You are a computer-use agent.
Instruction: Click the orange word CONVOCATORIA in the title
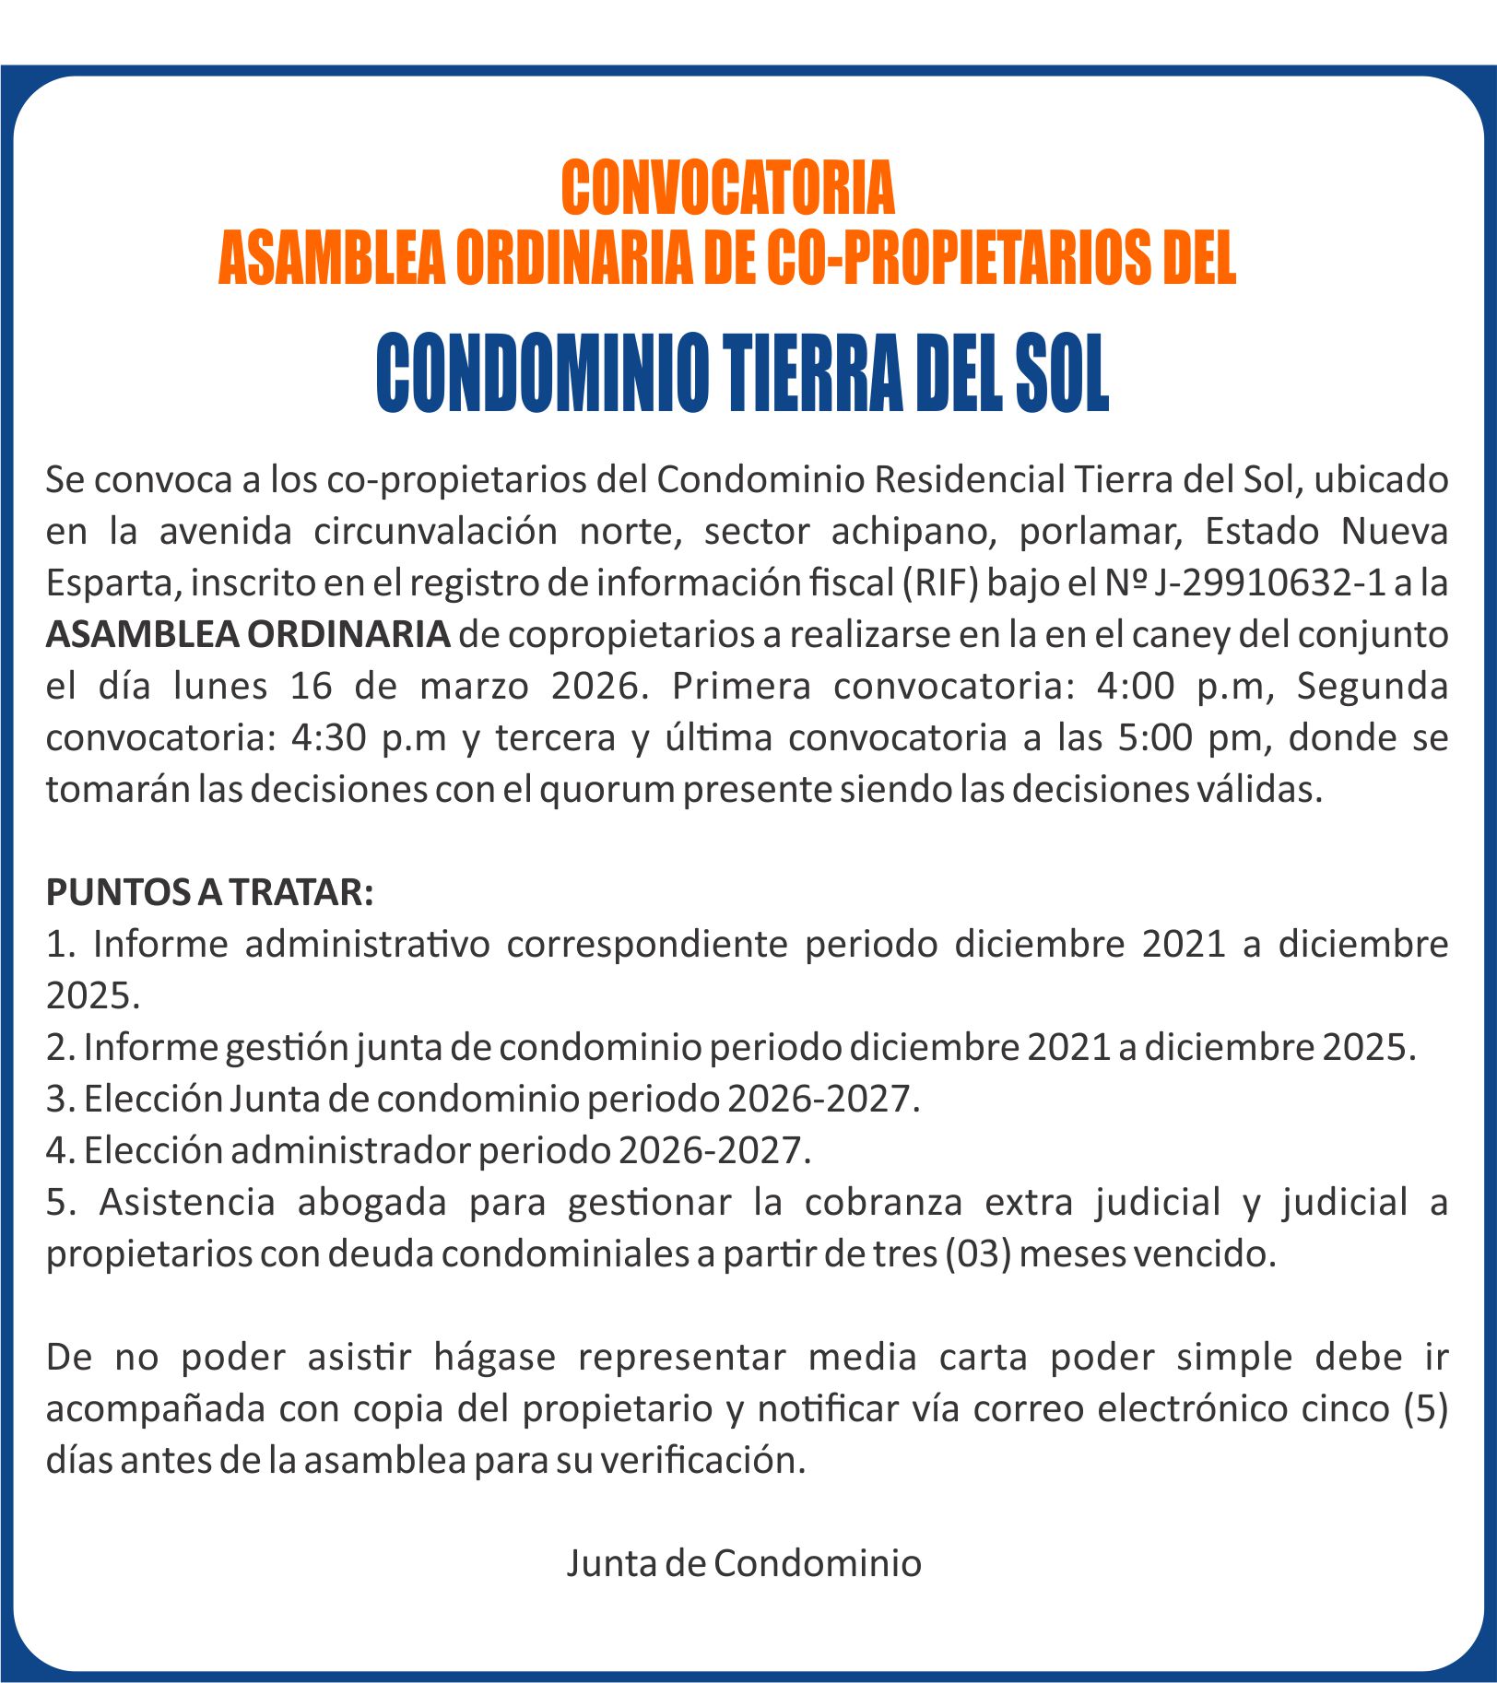727,188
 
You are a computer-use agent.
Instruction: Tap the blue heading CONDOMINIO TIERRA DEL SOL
742,375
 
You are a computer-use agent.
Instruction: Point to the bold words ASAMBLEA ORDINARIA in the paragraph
248,635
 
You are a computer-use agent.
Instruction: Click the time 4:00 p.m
1173,687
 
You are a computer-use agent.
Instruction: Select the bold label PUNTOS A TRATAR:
210,892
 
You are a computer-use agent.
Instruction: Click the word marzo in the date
474,687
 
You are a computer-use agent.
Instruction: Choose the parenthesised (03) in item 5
978,1254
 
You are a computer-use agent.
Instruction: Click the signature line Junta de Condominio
744,1563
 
